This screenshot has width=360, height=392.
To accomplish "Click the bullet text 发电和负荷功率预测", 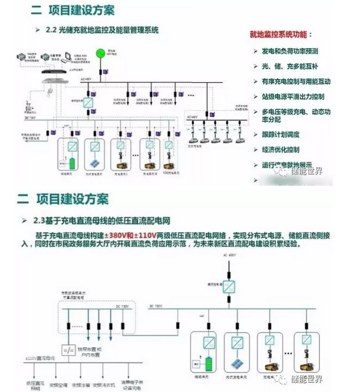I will pyautogui.click(x=290, y=51).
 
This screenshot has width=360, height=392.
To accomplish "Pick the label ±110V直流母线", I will pyautogui.click(x=40, y=359).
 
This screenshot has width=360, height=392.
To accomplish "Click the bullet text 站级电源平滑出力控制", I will pyautogui.click(x=293, y=96).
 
